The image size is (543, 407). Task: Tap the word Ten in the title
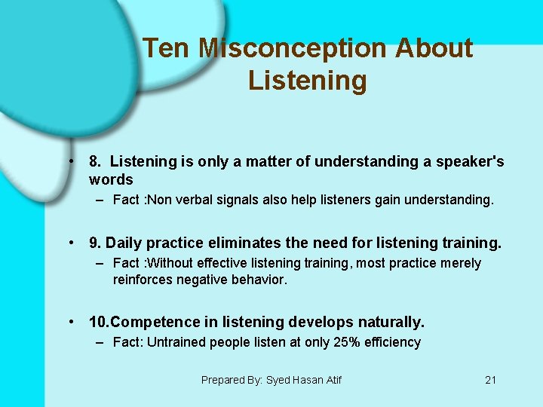pos(167,48)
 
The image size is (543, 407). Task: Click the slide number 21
pos(490,380)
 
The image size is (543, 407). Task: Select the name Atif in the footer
pos(331,380)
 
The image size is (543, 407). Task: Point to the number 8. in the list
pos(95,161)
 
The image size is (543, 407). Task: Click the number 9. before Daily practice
pos(95,243)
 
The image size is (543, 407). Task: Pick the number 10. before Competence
pos(99,322)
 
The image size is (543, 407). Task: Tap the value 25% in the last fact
pos(339,342)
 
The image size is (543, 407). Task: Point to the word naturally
pos(390,322)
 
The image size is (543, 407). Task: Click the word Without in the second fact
pos(171,263)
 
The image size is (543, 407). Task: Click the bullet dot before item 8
pos(69,161)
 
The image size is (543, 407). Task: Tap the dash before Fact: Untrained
pos(100,342)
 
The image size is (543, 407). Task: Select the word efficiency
pos(392,342)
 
